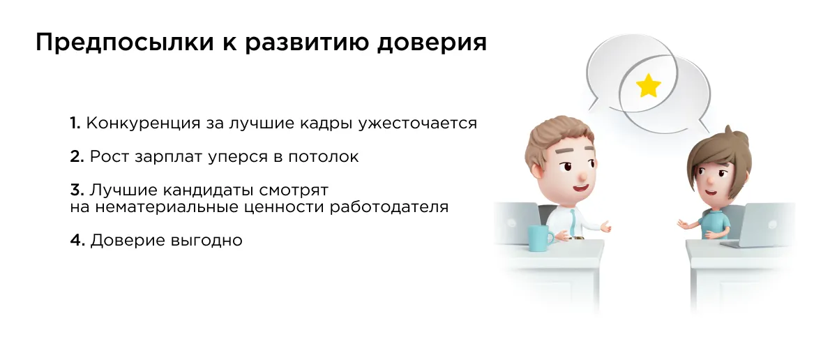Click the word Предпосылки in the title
pyautogui.click(x=125, y=43)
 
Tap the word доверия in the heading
pyautogui.click(x=432, y=43)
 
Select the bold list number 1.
pyautogui.click(x=75, y=123)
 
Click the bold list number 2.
pyautogui.click(x=77, y=157)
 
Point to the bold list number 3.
pyautogui.click(x=77, y=190)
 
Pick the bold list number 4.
pyautogui.click(x=77, y=240)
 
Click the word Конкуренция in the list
pyautogui.click(x=144, y=123)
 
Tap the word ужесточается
pyautogui.click(x=417, y=123)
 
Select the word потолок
pyautogui.click(x=323, y=157)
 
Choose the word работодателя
pyautogui.click(x=389, y=207)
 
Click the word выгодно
pyautogui.click(x=206, y=241)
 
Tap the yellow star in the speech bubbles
pyautogui.click(x=648, y=86)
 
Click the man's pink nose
pyautogui.click(x=582, y=175)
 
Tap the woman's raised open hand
pyautogui.click(x=683, y=224)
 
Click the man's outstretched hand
pyautogui.click(x=604, y=226)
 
